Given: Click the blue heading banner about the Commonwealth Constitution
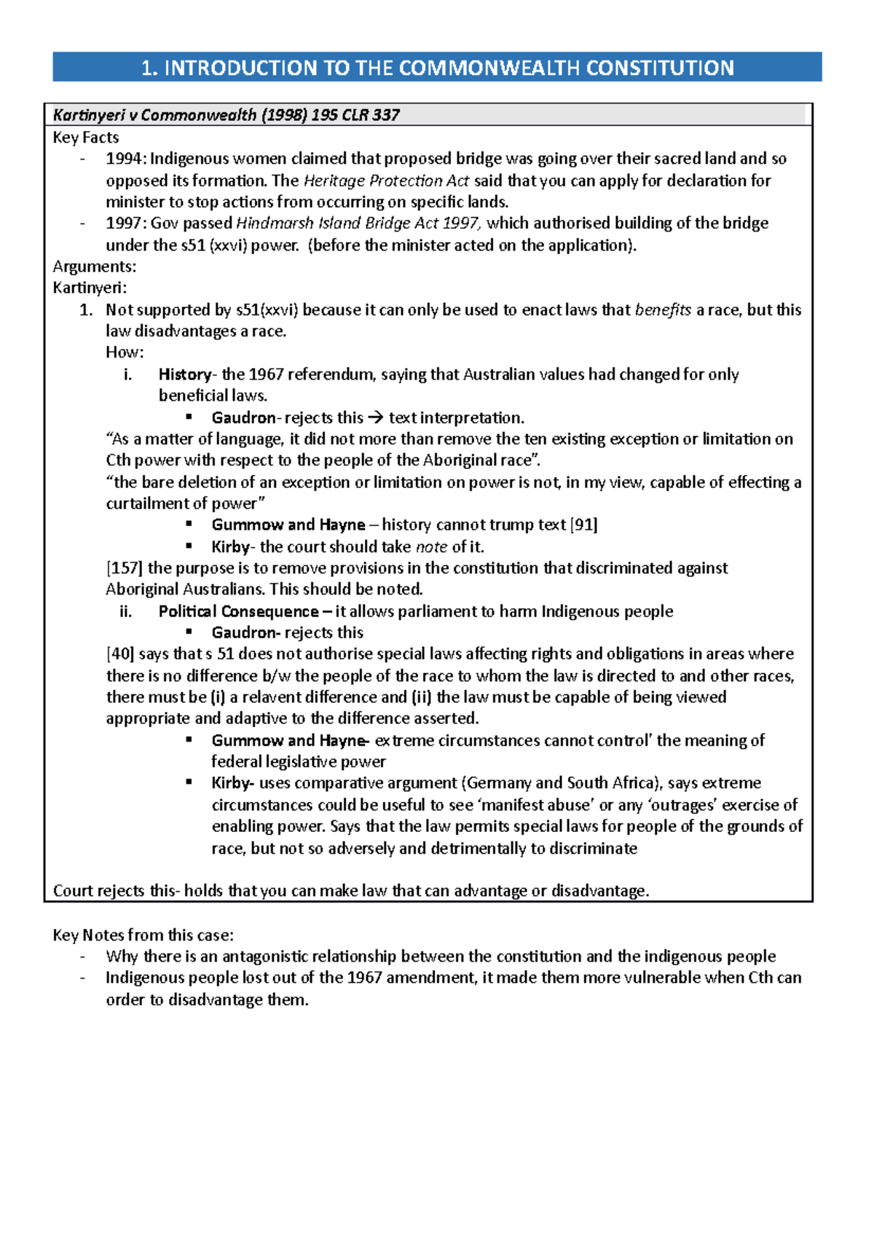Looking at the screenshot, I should point(437,68).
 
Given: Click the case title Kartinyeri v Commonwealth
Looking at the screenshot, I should point(226,115).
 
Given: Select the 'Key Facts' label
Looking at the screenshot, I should point(85,137).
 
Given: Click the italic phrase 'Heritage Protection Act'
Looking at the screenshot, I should point(386,180).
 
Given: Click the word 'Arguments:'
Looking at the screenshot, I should point(94,267).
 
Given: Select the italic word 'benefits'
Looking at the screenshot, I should point(663,310).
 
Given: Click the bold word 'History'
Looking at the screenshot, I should point(184,374).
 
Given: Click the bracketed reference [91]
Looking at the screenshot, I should point(583,525).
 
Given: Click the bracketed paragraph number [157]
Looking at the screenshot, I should point(125,568).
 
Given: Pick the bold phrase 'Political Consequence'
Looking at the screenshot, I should point(239,611).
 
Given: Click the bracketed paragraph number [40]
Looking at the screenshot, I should point(120,654).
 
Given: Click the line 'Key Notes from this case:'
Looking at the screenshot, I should point(143,935).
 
